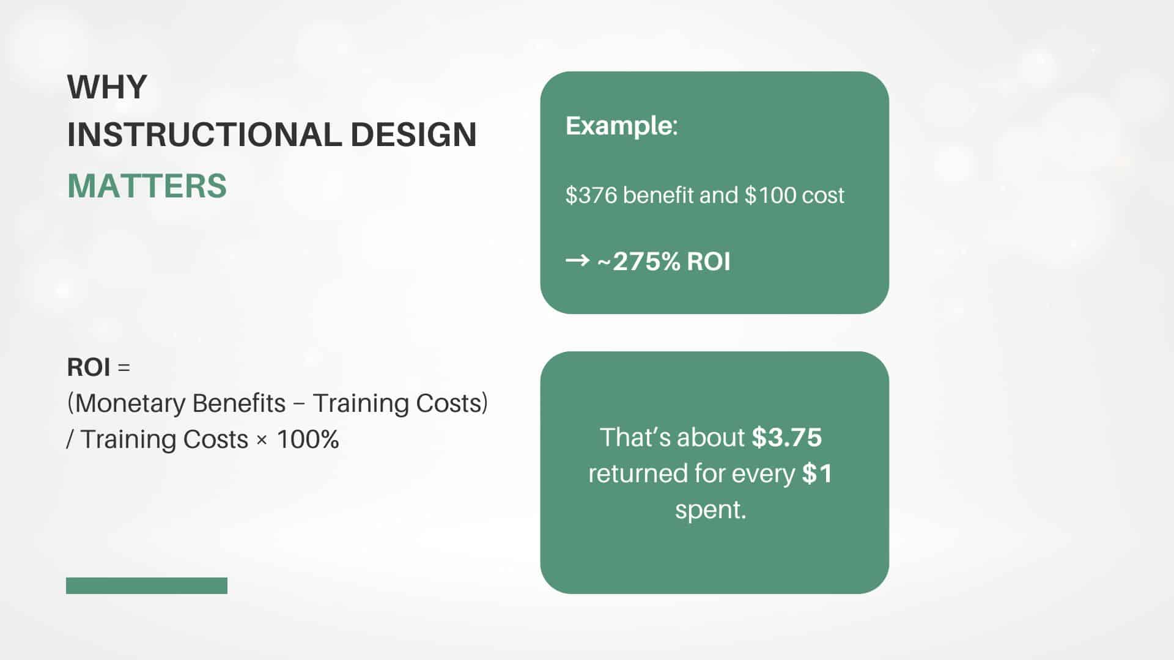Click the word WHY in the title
coord(107,87)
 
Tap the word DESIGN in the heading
coord(413,134)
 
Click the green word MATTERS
coord(147,186)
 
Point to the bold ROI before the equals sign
coord(89,367)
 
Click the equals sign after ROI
coord(124,368)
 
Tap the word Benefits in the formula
coord(238,403)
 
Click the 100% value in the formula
coord(308,439)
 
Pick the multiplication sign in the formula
coord(262,440)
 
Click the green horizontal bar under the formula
coord(147,585)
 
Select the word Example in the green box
coord(619,127)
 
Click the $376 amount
coord(591,196)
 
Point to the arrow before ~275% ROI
coord(577,261)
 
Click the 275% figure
coord(646,262)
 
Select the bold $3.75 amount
coord(787,438)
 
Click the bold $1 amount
coord(818,474)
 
